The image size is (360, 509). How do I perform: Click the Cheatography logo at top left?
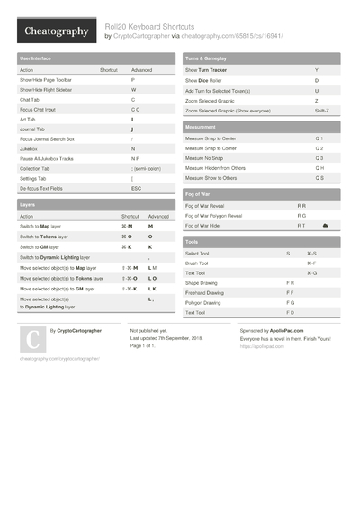55,31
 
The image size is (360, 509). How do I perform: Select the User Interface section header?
37,58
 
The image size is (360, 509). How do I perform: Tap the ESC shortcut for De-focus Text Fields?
137,188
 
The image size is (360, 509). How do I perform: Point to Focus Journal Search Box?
47,138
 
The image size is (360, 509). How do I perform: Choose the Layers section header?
28,205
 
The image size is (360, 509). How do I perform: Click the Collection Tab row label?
35,168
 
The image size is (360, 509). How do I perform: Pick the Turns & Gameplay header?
206,58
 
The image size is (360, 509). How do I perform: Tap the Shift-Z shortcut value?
320,111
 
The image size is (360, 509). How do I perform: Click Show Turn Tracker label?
206,70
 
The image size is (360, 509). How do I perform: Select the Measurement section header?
200,128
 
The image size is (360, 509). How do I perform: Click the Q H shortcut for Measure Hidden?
319,168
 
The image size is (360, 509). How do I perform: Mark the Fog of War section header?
199,194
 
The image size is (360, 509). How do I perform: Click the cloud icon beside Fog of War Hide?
325,225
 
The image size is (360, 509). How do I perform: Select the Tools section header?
192,242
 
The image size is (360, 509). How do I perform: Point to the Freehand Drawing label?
206,292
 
